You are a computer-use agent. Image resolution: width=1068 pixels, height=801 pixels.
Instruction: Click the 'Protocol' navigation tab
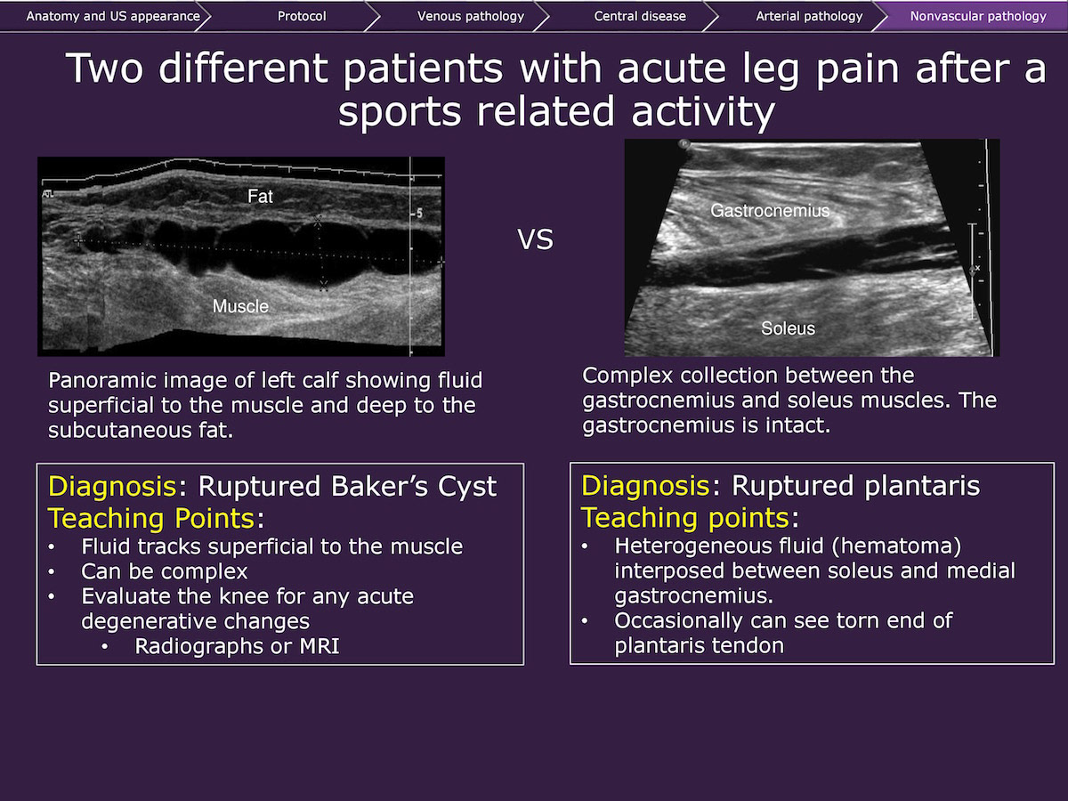coord(302,16)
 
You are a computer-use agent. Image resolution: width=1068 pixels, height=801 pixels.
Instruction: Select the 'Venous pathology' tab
coord(471,17)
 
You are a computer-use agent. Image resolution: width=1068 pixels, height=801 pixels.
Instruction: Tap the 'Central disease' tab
coord(640,16)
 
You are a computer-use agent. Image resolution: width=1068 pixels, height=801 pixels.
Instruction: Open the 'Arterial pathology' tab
coord(809,17)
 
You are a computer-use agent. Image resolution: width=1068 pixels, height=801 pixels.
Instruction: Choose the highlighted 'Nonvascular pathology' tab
coord(978,17)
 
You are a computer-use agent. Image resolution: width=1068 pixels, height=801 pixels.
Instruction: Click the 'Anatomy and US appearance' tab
coord(113,17)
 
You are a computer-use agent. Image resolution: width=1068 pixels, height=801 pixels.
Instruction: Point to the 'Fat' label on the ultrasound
coord(260,196)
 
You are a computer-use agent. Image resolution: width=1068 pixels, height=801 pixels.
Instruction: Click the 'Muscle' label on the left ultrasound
coord(240,306)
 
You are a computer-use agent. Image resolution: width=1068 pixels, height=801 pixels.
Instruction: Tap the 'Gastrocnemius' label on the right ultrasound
coord(770,211)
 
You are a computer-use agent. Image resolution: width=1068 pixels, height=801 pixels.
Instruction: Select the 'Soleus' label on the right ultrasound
coord(788,328)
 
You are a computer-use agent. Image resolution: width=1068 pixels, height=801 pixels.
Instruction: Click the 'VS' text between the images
coord(535,239)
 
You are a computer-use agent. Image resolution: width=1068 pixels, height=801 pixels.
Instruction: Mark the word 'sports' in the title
coord(399,112)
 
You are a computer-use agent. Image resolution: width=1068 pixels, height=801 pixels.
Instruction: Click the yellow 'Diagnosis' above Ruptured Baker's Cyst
coord(112,486)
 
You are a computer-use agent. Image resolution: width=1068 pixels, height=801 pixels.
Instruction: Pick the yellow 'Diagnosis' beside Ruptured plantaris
coord(645,486)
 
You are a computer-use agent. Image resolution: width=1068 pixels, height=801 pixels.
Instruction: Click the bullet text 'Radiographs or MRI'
coord(237,646)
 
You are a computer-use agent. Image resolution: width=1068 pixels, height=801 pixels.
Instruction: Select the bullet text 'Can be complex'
coord(165,572)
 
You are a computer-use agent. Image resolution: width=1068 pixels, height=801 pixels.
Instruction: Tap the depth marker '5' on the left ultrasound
coord(419,213)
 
